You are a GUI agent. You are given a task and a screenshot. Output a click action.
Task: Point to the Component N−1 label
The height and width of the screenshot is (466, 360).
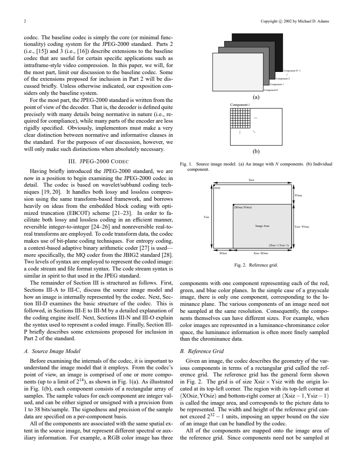click(292, 71)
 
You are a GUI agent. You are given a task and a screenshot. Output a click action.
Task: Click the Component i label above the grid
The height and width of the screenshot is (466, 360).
click(239, 104)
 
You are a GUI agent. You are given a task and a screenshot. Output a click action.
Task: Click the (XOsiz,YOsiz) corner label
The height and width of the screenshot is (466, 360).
click(242, 207)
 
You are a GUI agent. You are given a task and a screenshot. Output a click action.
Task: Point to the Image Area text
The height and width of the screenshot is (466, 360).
click(262, 226)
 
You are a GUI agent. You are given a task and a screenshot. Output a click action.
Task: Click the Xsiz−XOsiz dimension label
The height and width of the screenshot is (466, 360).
click(262, 253)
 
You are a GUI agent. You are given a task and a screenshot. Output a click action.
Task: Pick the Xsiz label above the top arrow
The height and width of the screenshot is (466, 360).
click(251, 180)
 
